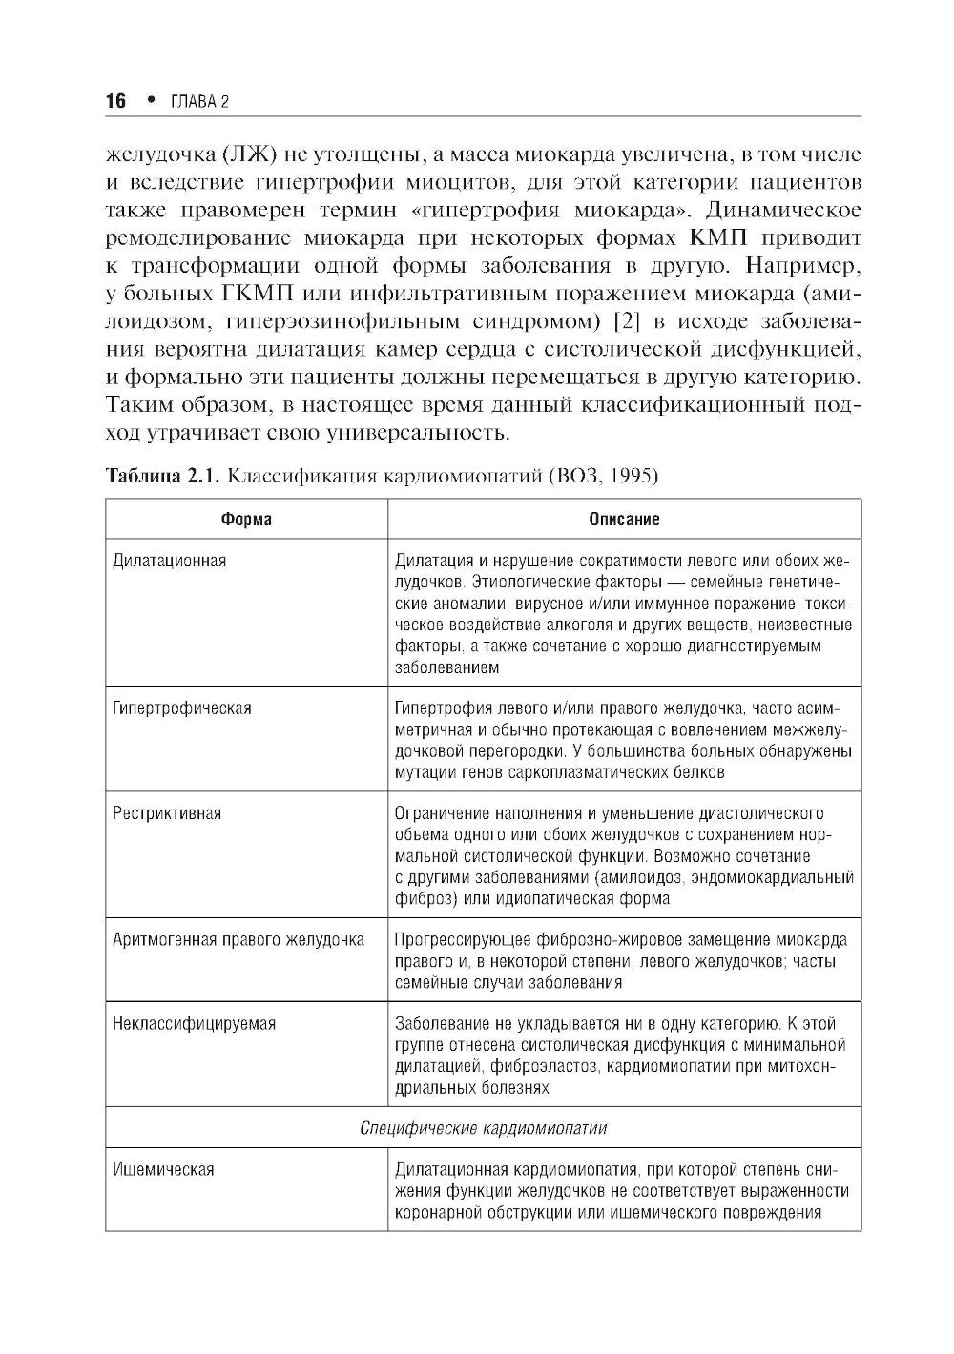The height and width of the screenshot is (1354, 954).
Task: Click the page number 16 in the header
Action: click(x=115, y=102)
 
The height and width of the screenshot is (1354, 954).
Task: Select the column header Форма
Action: click(x=246, y=519)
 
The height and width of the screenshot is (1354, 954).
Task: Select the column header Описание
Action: click(x=624, y=519)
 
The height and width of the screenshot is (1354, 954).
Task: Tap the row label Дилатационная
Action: click(x=170, y=560)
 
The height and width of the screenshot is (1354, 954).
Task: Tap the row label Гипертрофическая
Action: click(x=182, y=708)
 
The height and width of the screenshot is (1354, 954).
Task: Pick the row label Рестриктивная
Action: click(x=167, y=813)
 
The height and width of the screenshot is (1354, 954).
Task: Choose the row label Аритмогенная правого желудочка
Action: click(x=238, y=939)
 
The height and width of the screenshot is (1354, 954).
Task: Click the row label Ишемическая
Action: click(x=163, y=1169)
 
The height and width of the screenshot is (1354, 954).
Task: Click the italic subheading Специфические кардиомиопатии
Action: click(x=484, y=1127)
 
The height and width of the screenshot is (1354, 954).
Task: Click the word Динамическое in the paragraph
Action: click(x=778, y=209)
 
